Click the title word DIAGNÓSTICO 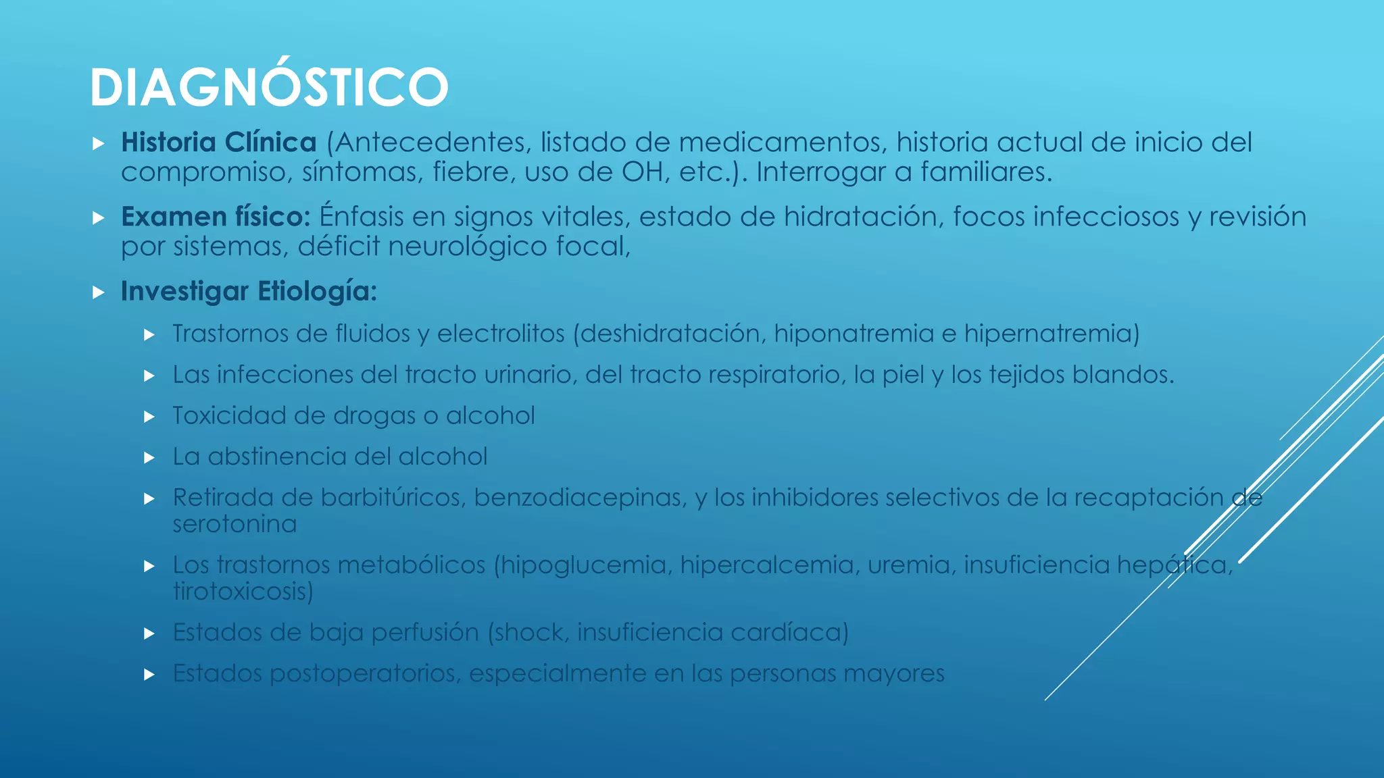point(269,87)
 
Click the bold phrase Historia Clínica point(218,142)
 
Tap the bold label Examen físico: point(215,217)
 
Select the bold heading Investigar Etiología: point(248,291)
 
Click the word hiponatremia point(854,334)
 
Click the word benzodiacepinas point(580,498)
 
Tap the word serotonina point(234,524)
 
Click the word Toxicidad point(229,416)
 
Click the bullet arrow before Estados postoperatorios point(149,674)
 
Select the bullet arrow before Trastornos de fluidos point(149,334)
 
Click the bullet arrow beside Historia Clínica point(99,143)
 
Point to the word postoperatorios point(364,674)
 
